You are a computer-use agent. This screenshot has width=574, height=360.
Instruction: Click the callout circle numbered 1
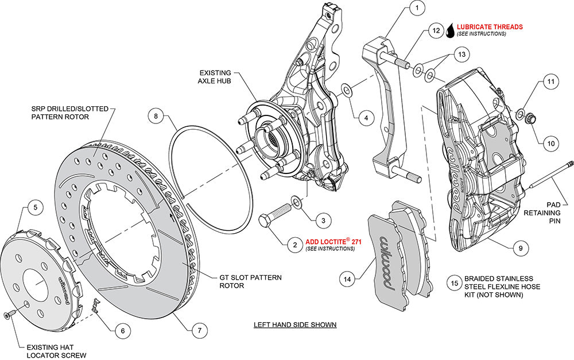(417, 9)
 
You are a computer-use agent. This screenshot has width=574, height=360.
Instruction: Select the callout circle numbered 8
(155, 116)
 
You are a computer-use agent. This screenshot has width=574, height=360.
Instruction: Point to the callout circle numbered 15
(454, 282)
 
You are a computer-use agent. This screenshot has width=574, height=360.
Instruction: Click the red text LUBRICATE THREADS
(490, 26)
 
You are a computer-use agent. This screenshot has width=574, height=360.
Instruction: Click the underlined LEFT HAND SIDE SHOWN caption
(295, 325)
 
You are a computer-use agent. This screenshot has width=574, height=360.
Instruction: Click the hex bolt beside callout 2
(275, 218)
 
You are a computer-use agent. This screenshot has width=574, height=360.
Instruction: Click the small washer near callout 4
(347, 90)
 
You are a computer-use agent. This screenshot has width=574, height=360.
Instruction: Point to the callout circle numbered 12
(436, 30)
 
